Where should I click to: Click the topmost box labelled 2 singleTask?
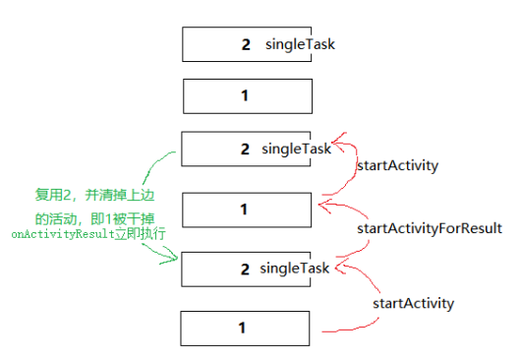247,45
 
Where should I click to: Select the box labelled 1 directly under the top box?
247,96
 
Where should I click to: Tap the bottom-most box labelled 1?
247,327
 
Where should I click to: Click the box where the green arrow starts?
247,150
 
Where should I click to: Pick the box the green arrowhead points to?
247,269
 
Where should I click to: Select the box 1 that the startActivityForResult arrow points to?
247,210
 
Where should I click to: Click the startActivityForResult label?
429,228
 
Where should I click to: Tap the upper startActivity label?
396,166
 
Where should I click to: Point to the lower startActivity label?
413,303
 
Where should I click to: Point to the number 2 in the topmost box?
245,45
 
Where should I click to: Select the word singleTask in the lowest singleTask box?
294,269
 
